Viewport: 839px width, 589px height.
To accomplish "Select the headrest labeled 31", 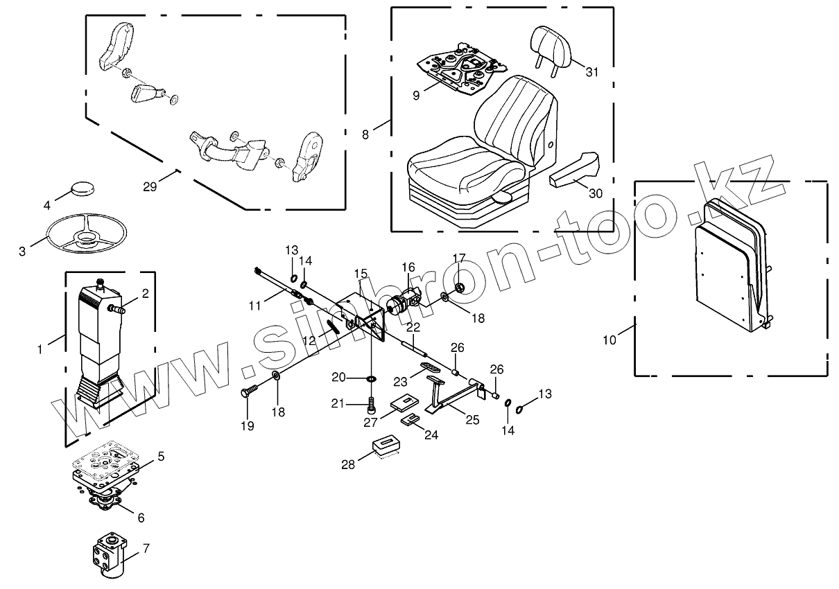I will pyautogui.click(x=553, y=45).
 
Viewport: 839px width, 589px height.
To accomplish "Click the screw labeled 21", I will pyautogui.click(x=372, y=401).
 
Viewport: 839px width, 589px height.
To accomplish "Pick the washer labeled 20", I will pyautogui.click(x=372, y=378).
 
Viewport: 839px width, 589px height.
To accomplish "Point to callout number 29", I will pyautogui.click(x=150, y=186).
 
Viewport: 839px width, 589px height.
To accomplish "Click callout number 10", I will pyautogui.click(x=609, y=340).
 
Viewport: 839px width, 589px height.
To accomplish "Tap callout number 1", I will pyautogui.click(x=41, y=349).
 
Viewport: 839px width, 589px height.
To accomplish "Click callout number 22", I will pyautogui.click(x=413, y=327).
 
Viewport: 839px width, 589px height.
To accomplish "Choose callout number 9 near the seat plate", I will pyautogui.click(x=416, y=95).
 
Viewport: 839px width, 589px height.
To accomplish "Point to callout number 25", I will pyautogui.click(x=472, y=419).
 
